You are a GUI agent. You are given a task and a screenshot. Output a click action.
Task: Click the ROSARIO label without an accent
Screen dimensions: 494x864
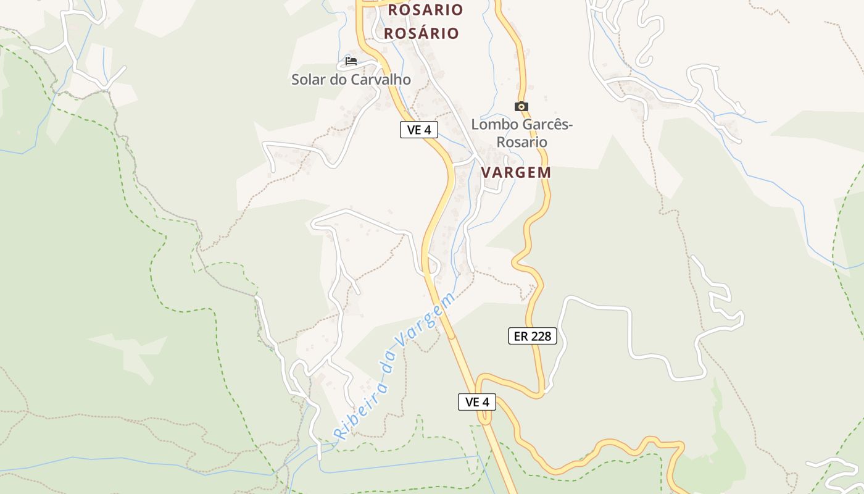[425, 10]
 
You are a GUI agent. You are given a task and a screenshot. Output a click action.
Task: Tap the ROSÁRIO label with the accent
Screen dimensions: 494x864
[422, 33]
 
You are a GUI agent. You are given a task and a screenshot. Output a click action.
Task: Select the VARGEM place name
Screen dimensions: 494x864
[516, 172]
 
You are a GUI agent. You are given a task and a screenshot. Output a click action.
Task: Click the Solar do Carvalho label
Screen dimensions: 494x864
[351, 80]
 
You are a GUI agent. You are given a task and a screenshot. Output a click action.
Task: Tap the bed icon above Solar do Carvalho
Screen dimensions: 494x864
[351, 61]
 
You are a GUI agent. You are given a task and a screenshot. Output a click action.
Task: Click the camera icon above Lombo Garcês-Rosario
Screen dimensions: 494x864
[521, 106]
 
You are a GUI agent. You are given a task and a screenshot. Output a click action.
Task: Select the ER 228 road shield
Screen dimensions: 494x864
[533, 336]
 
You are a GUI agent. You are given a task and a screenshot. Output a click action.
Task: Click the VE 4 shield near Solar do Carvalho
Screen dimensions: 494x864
[419, 130]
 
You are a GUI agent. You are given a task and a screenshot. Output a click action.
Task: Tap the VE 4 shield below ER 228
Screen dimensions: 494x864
[477, 402]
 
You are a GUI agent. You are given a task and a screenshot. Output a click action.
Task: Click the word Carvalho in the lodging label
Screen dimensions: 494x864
[381, 80]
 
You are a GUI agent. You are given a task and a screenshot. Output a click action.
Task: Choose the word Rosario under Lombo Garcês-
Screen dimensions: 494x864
[522, 142]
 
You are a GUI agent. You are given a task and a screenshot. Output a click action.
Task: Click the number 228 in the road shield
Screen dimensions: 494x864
[541, 336]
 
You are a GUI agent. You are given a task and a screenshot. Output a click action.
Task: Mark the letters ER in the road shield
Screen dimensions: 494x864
[521, 336]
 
